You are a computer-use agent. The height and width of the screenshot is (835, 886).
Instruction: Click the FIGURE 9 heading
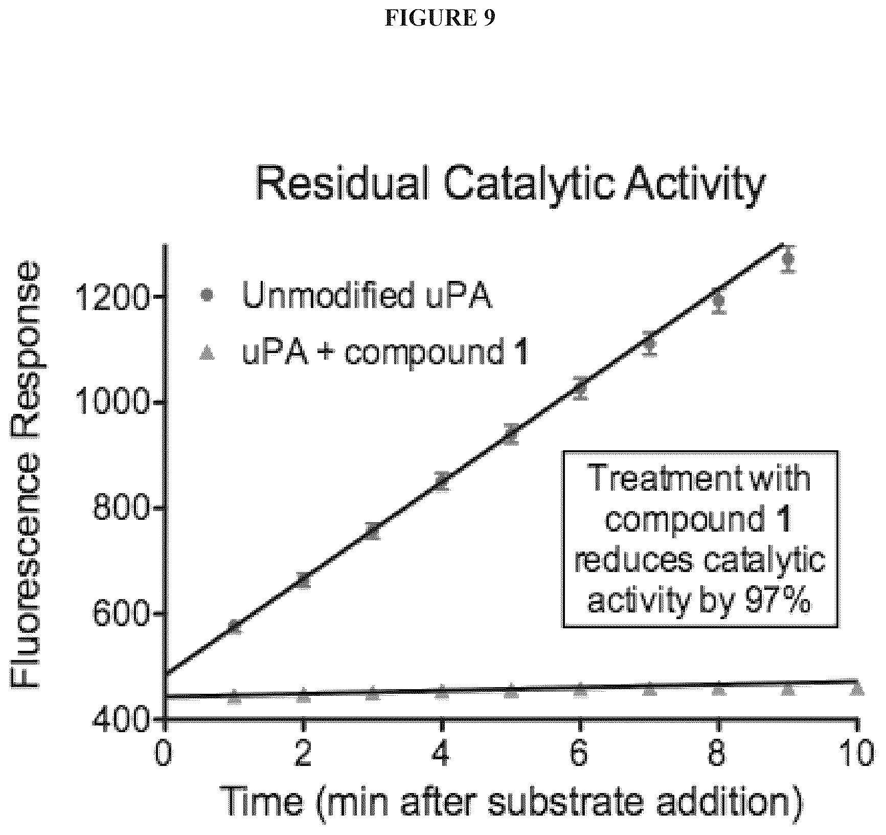coord(440,18)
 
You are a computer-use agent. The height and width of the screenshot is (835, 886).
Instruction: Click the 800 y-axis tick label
coord(121,508)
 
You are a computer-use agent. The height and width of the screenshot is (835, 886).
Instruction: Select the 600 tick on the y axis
coord(121,614)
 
